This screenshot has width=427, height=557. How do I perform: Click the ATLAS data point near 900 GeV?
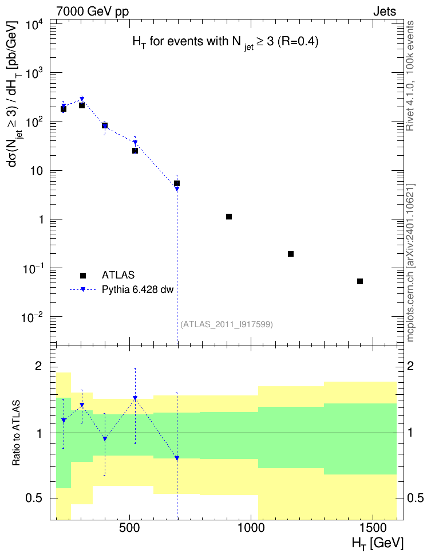[229, 217]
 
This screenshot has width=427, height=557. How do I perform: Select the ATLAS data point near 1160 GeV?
[291, 254]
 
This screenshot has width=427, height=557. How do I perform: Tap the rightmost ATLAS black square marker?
[360, 281]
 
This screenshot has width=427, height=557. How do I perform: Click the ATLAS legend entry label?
[118, 275]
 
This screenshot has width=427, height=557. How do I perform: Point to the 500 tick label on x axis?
[129, 528]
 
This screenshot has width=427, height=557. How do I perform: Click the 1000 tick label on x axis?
[251, 528]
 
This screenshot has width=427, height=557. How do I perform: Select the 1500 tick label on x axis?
[373, 528]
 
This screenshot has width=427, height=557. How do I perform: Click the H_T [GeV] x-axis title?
[378, 543]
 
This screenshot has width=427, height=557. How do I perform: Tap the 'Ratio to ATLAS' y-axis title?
[16, 433]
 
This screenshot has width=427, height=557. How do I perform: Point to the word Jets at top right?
[385, 11]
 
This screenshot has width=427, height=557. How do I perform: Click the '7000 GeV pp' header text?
[92, 11]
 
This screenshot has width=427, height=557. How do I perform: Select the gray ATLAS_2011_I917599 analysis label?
[227, 324]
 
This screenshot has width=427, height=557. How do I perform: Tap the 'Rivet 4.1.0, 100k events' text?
[410, 76]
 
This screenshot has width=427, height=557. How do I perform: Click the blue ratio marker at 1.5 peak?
[135, 398]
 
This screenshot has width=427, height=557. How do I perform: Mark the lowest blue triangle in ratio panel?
[177, 458]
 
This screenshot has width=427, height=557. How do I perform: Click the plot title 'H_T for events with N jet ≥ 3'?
[226, 42]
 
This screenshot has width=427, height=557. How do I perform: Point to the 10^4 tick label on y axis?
[35, 26]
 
